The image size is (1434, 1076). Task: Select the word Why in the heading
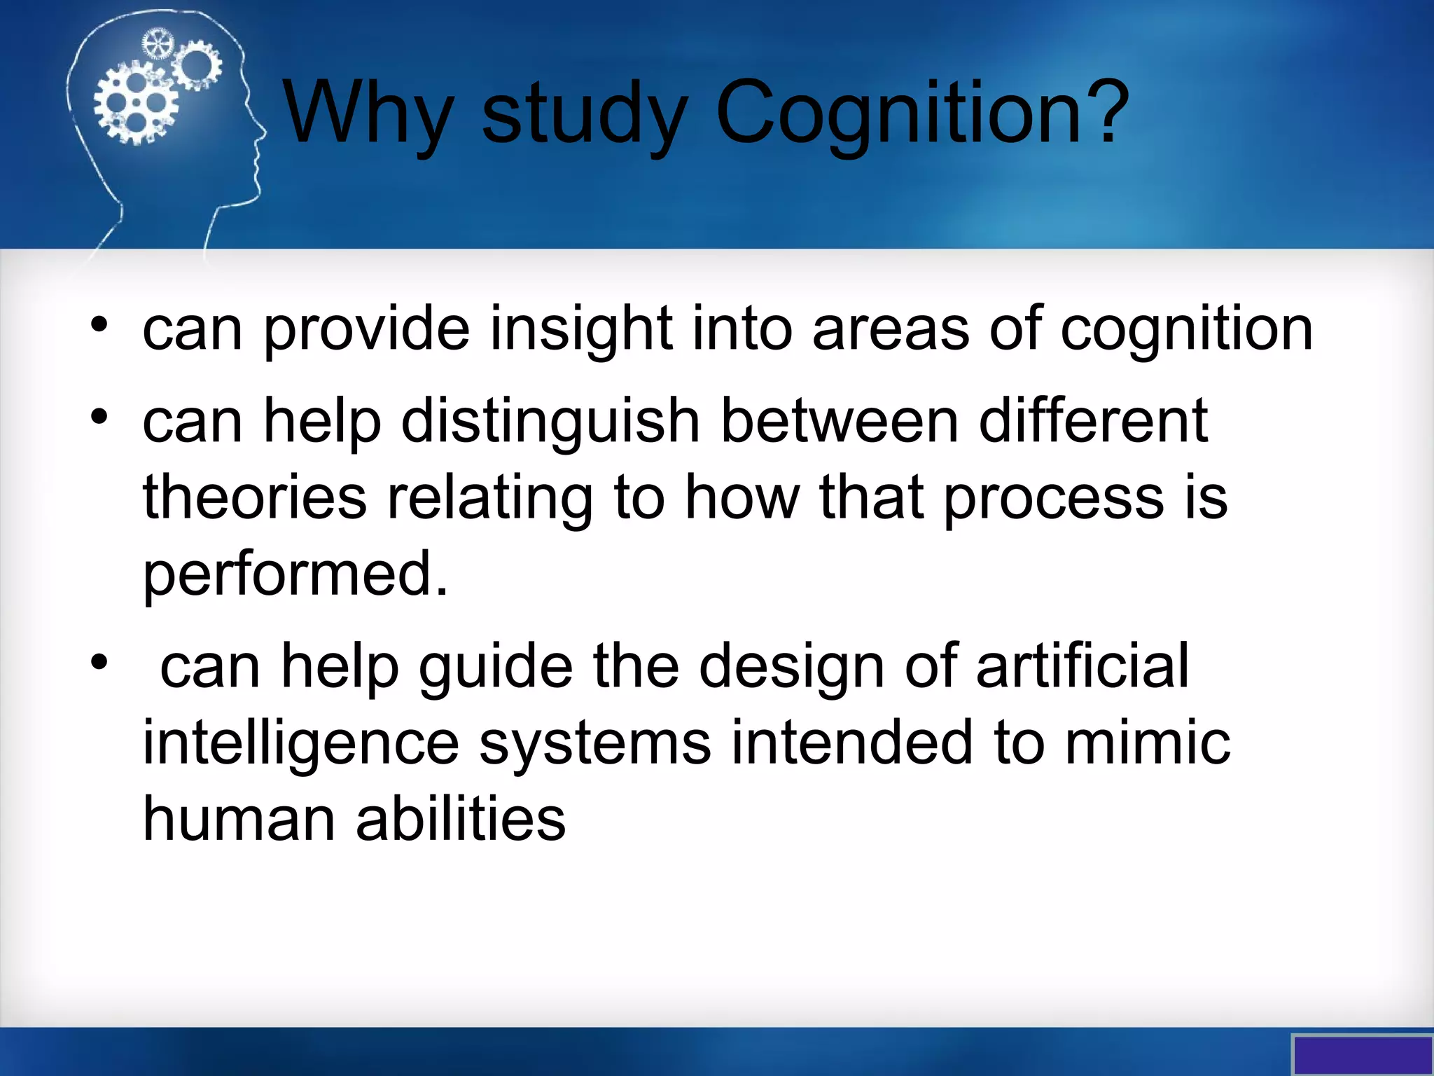(x=368, y=112)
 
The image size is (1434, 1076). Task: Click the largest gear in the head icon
(x=136, y=103)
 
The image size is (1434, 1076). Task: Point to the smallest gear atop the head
(x=157, y=45)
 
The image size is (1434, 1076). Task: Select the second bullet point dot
(x=99, y=417)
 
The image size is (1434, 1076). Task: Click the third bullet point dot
(x=99, y=661)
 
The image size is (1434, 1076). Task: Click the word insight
(x=580, y=329)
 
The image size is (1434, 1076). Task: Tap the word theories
(x=255, y=497)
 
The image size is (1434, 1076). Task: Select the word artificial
(x=1082, y=665)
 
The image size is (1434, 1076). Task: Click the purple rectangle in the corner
(x=1362, y=1055)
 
